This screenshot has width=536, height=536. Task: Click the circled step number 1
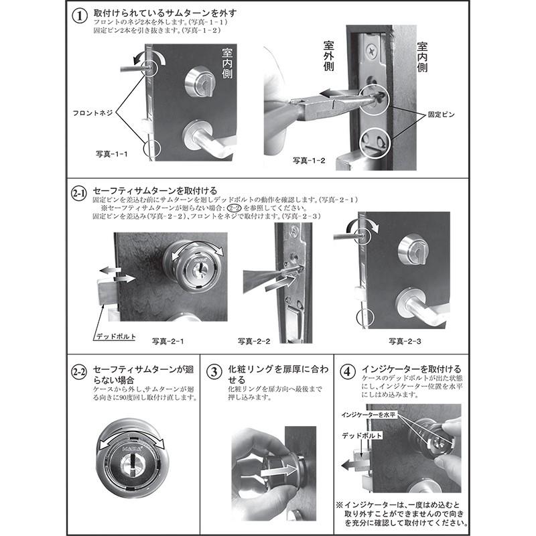[x=80, y=16]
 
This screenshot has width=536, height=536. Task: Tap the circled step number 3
[x=214, y=372]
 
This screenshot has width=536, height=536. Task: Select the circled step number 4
[x=347, y=372]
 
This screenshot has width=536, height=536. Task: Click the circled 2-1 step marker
[x=79, y=194]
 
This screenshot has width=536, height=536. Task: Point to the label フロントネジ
[x=92, y=113]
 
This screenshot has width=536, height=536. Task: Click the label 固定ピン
[x=442, y=115]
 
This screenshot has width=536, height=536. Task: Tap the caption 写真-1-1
[x=111, y=154]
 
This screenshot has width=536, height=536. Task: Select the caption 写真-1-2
[x=309, y=160]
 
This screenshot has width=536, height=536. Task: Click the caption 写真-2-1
[x=168, y=341]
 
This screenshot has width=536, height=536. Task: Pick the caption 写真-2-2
[x=254, y=341]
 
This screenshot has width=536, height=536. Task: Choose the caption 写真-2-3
[x=405, y=341]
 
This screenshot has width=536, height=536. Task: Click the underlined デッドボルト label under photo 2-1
[x=116, y=336]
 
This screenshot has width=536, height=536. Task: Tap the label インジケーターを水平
[x=368, y=415]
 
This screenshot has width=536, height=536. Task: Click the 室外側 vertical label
[x=328, y=56]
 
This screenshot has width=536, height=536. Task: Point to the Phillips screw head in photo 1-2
[x=371, y=52]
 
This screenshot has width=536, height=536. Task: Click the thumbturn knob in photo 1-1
[x=200, y=82]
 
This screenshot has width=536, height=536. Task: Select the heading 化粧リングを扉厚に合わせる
[x=278, y=375]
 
